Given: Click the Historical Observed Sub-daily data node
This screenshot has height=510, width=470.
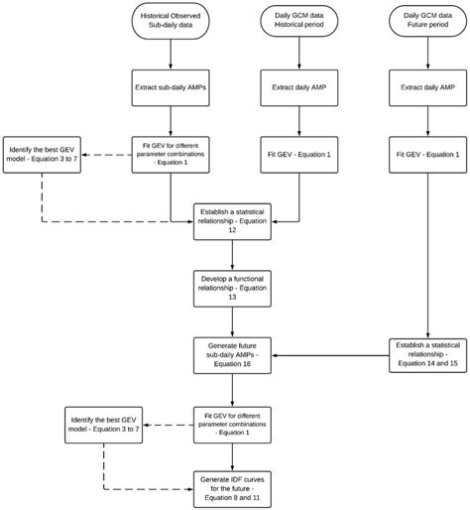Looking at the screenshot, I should click(170, 22).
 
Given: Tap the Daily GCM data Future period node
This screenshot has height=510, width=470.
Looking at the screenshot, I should click(427, 22).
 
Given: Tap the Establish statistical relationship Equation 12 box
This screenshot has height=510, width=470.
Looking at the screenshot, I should click(233, 220).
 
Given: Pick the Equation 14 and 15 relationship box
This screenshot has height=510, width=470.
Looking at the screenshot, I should click(427, 353).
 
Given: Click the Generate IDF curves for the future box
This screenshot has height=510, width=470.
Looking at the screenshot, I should click(233, 486).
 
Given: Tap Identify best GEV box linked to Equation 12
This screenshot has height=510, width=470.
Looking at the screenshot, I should click(41, 154).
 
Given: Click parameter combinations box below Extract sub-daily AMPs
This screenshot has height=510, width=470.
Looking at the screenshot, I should click(170, 154).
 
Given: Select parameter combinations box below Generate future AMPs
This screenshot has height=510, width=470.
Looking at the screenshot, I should click(233, 421).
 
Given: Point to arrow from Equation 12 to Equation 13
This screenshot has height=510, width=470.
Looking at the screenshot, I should click(233, 254).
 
